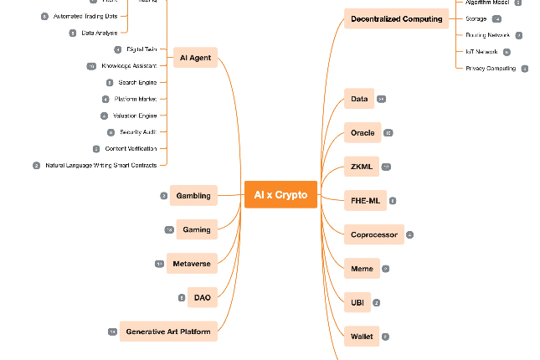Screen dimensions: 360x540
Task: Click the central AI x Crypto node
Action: [x=280, y=195]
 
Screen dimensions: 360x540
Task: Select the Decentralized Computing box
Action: [x=396, y=18]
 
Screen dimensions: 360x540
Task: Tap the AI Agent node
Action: [x=195, y=58]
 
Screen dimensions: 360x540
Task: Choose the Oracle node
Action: [x=363, y=133]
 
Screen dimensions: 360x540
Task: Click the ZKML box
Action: [x=361, y=167]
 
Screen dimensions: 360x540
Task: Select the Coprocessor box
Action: [x=374, y=234]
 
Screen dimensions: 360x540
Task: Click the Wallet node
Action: [x=362, y=337]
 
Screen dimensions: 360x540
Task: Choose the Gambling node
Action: [x=193, y=196]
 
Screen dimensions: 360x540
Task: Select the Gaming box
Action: [x=197, y=229]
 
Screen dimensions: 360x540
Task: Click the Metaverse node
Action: [x=192, y=264]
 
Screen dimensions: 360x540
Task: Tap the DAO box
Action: [x=202, y=297]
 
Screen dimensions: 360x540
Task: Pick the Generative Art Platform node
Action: [x=168, y=332]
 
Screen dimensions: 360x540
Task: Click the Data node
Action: [x=359, y=99]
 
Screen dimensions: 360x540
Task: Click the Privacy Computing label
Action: [x=491, y=69]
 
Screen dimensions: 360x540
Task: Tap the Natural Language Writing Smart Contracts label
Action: [x=100, y=166]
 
